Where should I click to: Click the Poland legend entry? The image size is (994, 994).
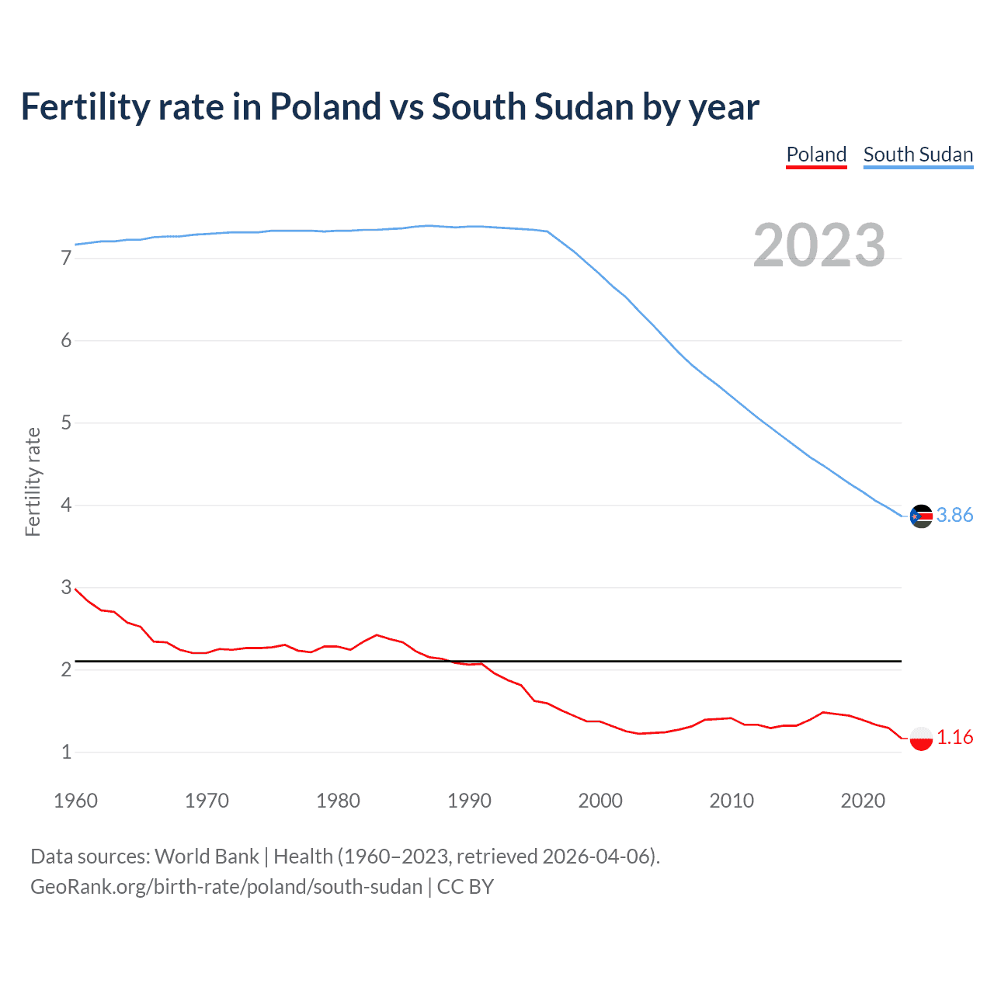816,155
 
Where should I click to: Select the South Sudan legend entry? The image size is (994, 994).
918,155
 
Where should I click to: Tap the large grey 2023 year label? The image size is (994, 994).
819,245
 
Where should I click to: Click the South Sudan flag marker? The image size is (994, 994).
921,516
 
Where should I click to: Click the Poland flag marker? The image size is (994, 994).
921,738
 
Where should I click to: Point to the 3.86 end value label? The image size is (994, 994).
954,516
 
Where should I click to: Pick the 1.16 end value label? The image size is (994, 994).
954,738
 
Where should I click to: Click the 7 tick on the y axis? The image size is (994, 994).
66,258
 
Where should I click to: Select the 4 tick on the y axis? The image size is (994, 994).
66,506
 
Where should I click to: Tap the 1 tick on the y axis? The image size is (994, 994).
66,752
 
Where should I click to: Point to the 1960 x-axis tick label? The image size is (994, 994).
75,801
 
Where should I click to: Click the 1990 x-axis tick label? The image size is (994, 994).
469,801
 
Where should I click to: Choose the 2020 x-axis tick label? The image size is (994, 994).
863,801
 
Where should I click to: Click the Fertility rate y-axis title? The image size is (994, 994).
33,481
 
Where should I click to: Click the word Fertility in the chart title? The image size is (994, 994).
85,107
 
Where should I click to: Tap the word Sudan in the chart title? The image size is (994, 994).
583,107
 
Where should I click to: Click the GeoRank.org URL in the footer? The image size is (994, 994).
226,887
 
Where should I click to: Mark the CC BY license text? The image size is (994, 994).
465,887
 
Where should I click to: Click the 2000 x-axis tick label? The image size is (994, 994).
600,801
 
